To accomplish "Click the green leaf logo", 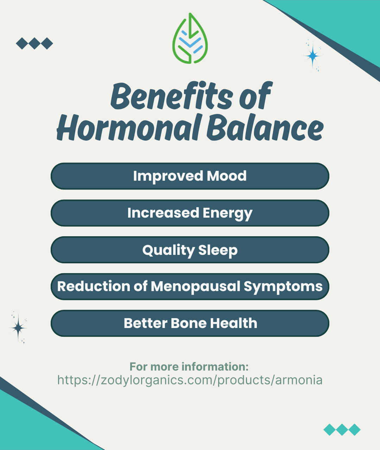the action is (190, 38).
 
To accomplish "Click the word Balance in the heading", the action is (265, 127).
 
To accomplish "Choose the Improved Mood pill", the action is (190, 176).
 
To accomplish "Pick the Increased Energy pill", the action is (190, 213).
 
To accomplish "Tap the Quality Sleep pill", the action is (190, 250).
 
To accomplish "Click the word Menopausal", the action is (195, 286).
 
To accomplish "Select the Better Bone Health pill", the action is (190, 323).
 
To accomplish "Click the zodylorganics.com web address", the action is (190, 380).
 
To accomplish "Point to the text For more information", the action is (189, 367).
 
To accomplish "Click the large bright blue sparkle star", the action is (312, 56).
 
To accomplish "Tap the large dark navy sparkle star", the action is (18, 328).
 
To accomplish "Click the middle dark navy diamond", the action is (34, 43).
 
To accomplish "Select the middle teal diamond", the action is (342, 430).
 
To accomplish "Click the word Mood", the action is (227, 176).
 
